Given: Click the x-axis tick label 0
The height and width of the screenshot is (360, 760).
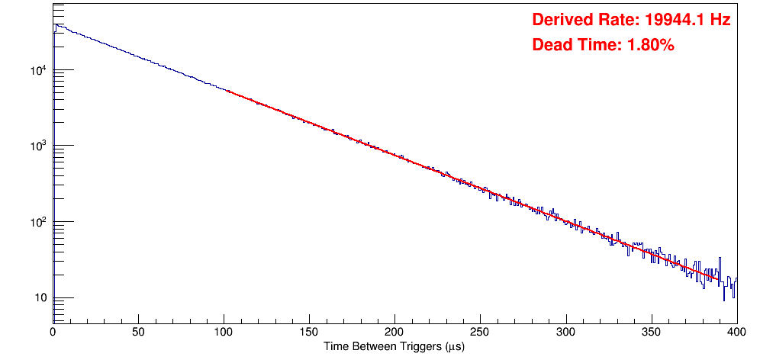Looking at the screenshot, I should point(53,332).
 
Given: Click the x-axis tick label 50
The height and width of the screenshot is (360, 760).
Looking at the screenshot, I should point(138,332).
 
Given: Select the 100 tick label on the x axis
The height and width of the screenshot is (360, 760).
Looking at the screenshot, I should point(224,332).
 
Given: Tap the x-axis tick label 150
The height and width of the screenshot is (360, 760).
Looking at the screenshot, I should point(309,332).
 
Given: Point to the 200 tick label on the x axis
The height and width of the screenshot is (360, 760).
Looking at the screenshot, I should point(394,332).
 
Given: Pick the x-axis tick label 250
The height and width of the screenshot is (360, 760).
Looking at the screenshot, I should point(480,332).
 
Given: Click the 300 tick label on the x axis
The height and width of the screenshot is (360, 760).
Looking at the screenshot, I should point(565,332).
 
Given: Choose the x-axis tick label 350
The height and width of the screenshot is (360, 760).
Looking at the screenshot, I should point(651,332).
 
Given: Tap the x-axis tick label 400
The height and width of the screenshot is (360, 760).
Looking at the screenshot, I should point(736,332).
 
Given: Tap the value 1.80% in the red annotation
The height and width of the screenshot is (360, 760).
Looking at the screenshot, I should point(650,45).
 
